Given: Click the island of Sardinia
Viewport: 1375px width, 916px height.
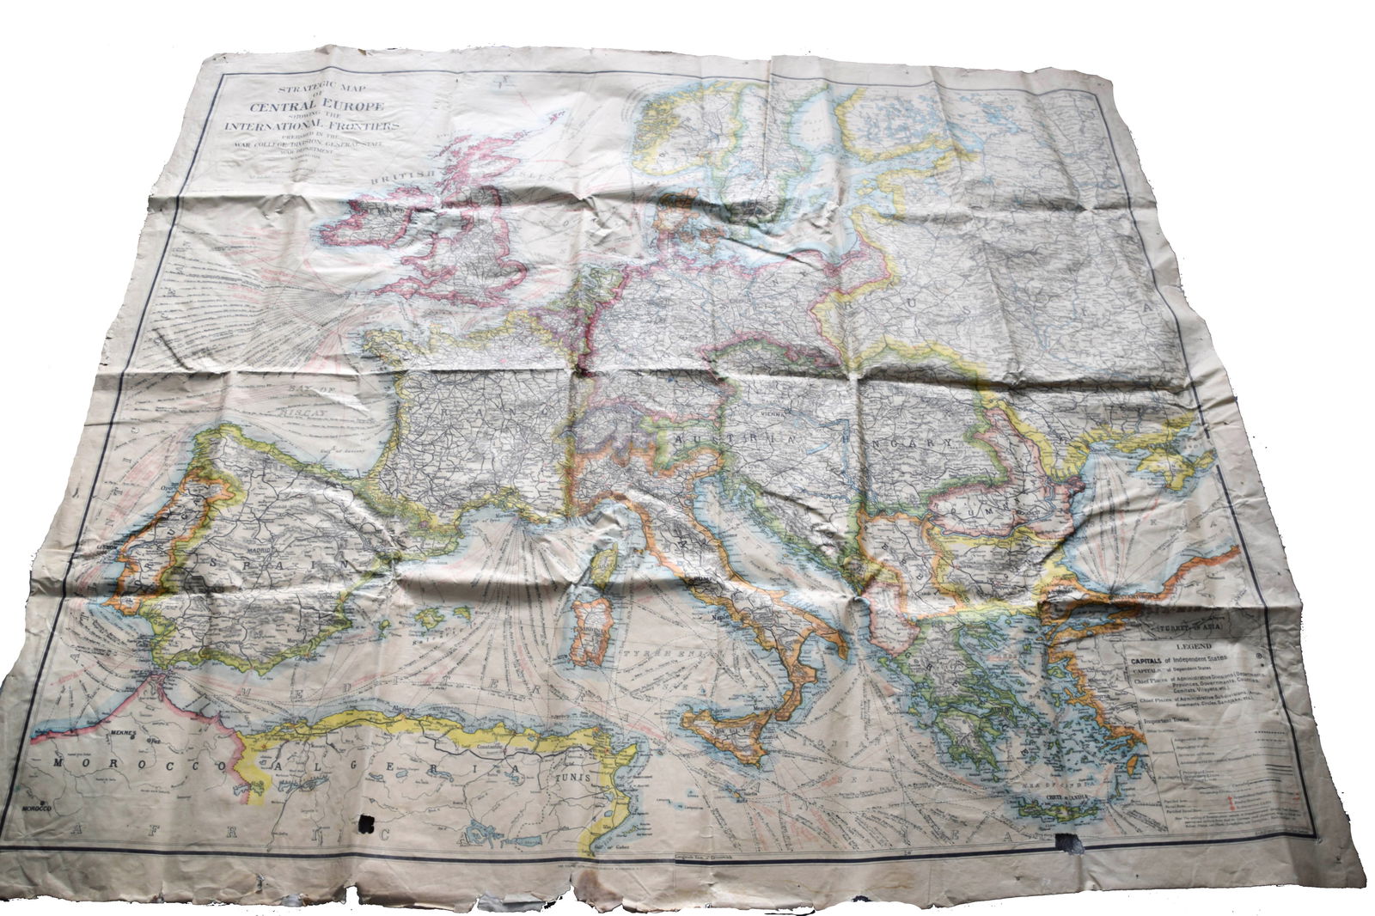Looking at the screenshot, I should tap(588, 634).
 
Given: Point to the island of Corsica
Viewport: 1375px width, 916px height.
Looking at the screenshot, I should tap(604, 565).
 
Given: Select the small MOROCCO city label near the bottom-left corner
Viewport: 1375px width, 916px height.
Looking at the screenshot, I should tap(36, 809).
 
